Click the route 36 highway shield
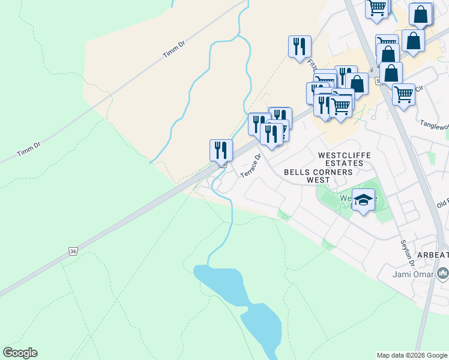coord(73,251)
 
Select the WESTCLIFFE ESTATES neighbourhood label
coord(344,159)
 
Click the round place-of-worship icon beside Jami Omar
coord(443,274)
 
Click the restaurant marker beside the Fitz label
coord(300,46)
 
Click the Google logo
coord(20,353)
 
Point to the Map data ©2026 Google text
coord(411,355)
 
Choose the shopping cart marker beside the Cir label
coord(403,94)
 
